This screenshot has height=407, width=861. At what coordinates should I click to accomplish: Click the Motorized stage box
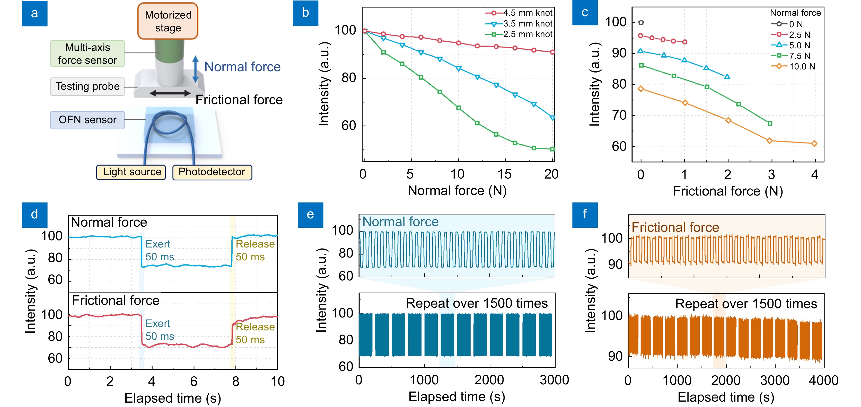pos(168,21)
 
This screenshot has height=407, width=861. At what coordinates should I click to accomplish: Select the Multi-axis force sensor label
pos(87,54)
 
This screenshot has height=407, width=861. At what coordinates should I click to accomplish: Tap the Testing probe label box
pos(87,86)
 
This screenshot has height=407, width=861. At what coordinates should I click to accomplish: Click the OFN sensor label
pos(87,120)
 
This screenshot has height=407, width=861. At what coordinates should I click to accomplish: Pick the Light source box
pos(131,172)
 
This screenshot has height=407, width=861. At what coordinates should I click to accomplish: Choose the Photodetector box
pos(212,172)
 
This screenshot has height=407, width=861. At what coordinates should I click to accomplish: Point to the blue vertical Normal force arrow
pos(196,69)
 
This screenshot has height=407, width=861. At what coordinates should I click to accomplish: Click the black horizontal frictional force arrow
pos(170,93)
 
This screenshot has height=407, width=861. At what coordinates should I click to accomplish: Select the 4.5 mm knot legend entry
pos(519,13)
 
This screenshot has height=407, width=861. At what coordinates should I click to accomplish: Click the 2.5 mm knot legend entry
pos(519,34)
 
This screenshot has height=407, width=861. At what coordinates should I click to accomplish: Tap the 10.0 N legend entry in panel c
pos(794,66)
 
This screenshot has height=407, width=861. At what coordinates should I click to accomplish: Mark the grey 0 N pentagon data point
pos(641,23)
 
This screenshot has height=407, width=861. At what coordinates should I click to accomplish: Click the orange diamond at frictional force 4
pos(814,143)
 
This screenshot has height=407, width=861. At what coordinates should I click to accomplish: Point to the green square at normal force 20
pos(552,149)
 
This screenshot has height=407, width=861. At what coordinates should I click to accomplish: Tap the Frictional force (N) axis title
pos(728,191)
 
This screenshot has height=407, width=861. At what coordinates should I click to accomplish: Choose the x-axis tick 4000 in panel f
pos(823,381)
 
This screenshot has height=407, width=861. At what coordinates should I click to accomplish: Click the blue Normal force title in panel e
pos(400,222)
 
